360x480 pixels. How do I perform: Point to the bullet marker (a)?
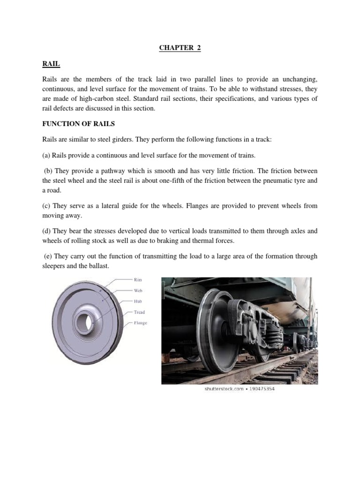tap(46, 155)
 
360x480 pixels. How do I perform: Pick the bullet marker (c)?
tap(46, 206)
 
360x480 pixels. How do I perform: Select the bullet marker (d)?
tap(46, 231)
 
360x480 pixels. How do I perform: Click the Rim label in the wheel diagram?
tap(138, 280)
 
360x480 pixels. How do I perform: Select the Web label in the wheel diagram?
tap(138, 291)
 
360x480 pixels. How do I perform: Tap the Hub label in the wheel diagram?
tap(138, 301)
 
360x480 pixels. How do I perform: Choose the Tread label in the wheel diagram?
tap(139, 312)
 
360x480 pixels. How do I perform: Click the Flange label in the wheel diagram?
tap(140, 323)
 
